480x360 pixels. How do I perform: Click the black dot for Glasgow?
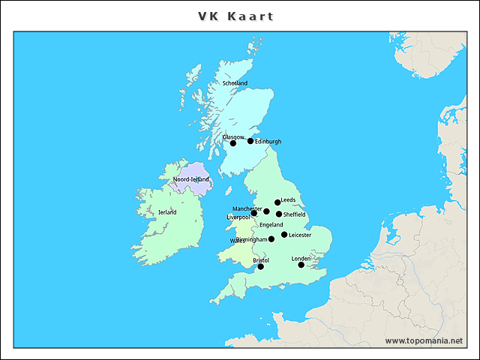[x=232, y=142]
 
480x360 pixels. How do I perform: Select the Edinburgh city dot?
[x=250, y=140]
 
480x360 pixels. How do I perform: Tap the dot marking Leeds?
[x=277, y=202]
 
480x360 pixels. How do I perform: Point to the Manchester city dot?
[x=266, y=211]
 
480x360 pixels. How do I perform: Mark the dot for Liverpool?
[x=254, y=213]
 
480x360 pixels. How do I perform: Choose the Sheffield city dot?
[x=279, y=214]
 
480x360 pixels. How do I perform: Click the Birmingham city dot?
[x=271, y=238]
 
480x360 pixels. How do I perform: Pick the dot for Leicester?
[x=284, y=235]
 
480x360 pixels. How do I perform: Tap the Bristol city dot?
[x=261, y=266]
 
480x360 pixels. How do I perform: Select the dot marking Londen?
[x=301, y=264]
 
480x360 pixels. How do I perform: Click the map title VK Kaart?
[x=236, y=16]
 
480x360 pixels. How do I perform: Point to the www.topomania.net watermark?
[x=424, y=340]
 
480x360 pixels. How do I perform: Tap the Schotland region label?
[x=235, y=83]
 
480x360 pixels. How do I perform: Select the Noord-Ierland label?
[x=191, y=180]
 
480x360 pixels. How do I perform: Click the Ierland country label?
[x=167, y=212]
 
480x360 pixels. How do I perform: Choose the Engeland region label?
[x=271, y=225]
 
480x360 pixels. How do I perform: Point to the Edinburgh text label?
[x=268, y=141]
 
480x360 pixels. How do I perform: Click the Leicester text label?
[x=300, y=235]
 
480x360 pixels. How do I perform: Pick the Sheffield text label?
[x=295, y=214]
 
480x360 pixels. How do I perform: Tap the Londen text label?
[x=301, y=258]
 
